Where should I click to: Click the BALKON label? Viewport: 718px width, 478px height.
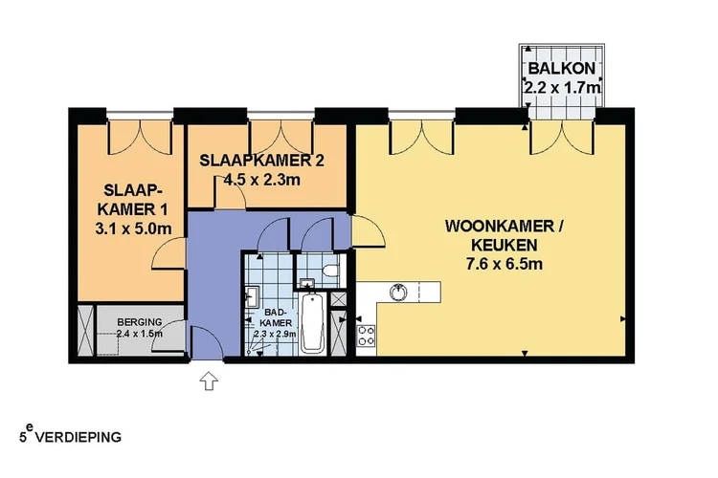[563, 69]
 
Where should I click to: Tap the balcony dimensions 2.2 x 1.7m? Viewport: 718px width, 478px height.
[563, 87]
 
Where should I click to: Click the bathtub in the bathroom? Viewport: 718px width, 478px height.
[312, 325]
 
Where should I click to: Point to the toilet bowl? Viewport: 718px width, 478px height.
[330, 272]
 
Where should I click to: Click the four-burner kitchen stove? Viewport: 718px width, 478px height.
[365, 336]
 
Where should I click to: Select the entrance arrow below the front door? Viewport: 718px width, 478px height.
[209, 381]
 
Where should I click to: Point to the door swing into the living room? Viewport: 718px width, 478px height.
[365, 231]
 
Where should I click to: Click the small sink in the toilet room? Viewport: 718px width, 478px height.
[306, 282]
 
